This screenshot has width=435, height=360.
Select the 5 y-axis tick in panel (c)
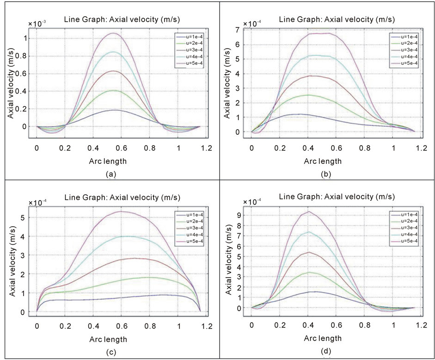[x=28, y=217]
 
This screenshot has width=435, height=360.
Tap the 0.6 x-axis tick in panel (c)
[x=122, y=326]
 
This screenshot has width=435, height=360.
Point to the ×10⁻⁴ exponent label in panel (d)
[x=252, y=202]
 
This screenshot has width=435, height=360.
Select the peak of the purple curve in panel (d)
[x=321, y=211]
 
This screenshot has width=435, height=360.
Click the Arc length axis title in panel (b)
[x=323, y=161]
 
